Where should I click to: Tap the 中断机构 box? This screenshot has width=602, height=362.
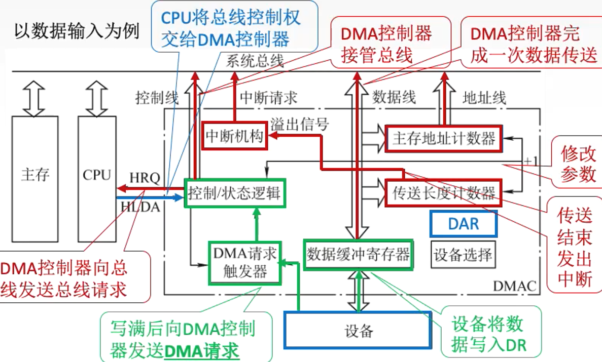[x=235, y=136]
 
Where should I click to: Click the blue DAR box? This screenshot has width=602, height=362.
[x=463, y=223]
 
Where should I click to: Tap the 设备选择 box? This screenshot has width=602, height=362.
[x=463, y=254]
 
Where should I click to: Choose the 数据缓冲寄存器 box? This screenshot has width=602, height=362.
[x=358, y=255]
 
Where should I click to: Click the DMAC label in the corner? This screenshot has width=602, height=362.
[x=514, y=287]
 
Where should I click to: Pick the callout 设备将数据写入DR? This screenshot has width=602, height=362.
[x=489, y=335]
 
